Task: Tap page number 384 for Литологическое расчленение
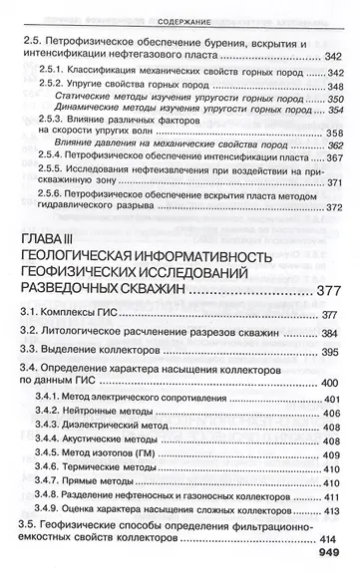330,335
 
